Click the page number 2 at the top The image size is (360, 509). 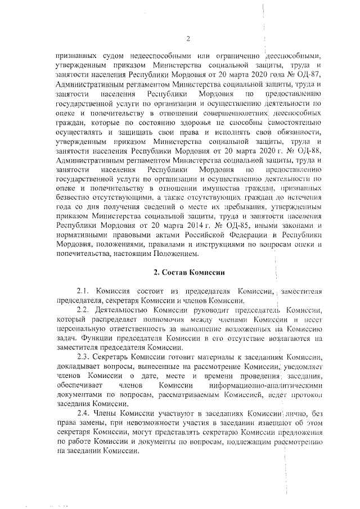point(188,38)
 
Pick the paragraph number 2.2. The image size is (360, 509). point(84,310)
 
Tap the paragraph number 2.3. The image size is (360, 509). point(84,358)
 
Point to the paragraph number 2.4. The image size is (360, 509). point(84,415)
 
